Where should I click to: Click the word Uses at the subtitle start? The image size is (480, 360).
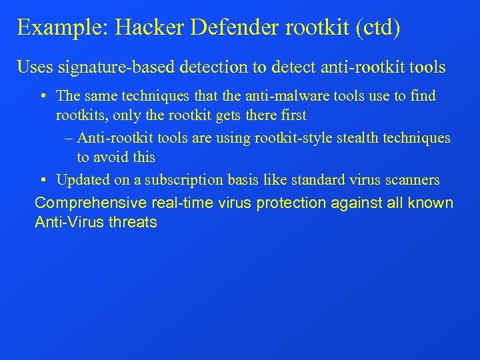[x=34, y=67]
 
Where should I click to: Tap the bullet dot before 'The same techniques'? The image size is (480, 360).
[x=42, y=96]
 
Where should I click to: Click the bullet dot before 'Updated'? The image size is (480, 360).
[x=42, y=180]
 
